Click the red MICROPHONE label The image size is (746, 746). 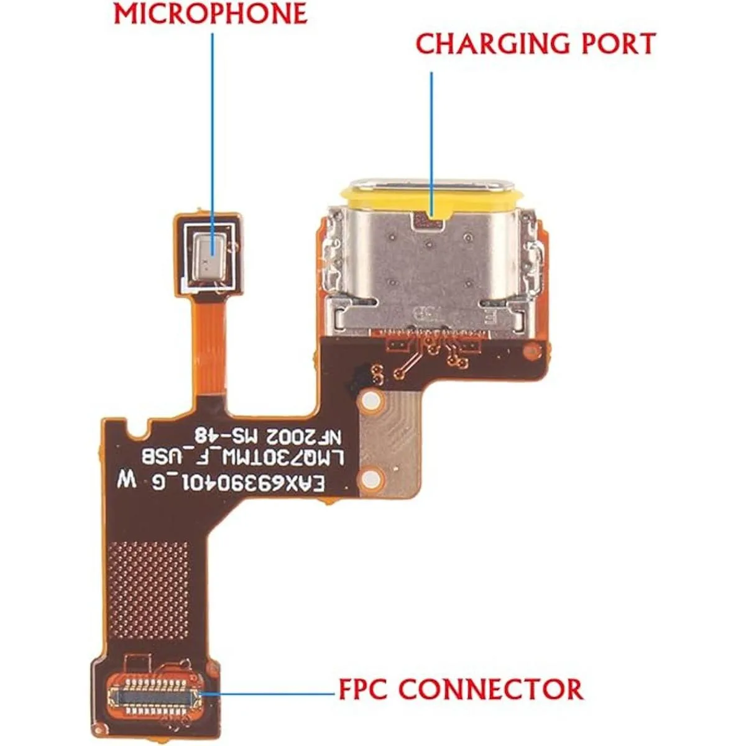[210, 14]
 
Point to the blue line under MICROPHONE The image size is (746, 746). [213, 124]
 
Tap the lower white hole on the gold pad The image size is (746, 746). [371, 478]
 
